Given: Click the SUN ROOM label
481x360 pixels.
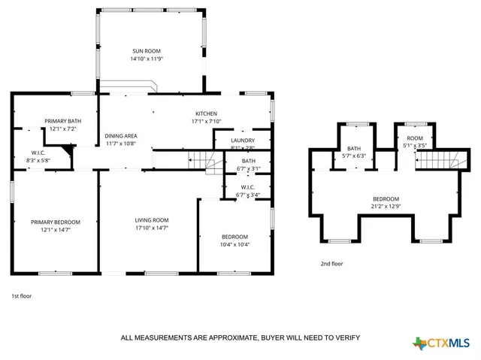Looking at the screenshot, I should click(148, 50).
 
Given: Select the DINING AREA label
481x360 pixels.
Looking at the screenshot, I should click(120, 135).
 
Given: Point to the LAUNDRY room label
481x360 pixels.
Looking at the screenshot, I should click(242, 140).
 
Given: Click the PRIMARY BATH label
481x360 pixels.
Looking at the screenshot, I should click(62, 121).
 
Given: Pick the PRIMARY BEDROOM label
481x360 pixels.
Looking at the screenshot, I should click(55, 222).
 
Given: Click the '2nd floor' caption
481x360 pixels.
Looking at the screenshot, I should click(331, 264).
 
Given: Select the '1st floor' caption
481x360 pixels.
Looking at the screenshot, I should click(21, 296).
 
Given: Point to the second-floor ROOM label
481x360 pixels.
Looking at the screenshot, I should click(415, 138).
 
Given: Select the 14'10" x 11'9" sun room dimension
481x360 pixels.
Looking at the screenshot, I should click(148, 59).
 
